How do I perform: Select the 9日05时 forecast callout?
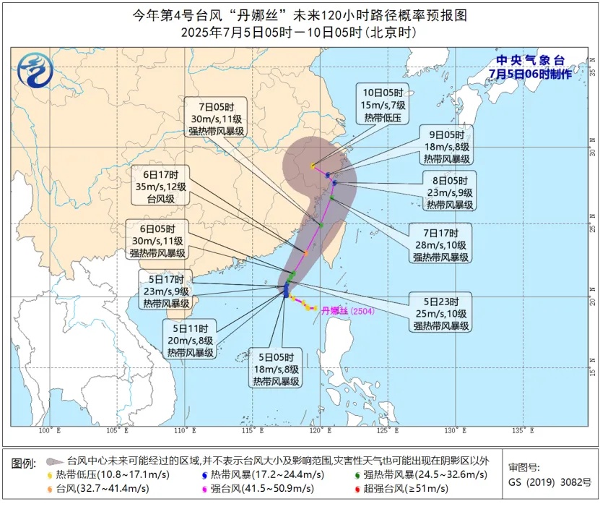[447, 146]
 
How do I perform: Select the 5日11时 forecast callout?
[191, 340]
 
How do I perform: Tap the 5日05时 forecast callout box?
[277, 369]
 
